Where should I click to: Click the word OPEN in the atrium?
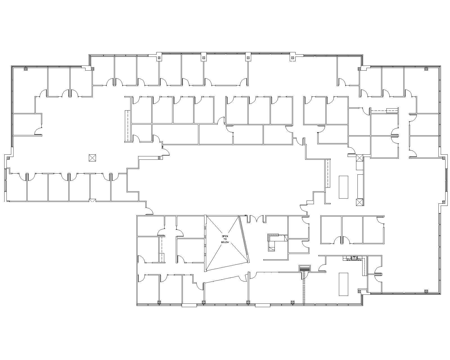click(225, 236)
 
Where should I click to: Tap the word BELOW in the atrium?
click(225, 242)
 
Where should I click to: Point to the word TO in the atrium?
click(225, 239)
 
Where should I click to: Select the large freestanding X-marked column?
click(92, 158)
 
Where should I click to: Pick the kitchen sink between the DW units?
click(354, 258)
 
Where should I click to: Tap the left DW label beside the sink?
click(348, 259)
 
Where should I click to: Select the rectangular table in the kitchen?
click(343, 284)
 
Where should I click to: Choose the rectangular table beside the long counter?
click(343, 187)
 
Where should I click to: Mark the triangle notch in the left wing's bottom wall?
click(92, 201)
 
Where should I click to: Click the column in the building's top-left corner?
click(26, 69)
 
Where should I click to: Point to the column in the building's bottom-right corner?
click(426, 291)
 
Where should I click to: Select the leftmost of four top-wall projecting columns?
click(159, 58)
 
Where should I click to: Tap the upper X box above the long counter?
click(359, 158)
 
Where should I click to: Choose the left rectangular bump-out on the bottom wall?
click(189, 305)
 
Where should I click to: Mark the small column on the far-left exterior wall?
click(8, 158)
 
